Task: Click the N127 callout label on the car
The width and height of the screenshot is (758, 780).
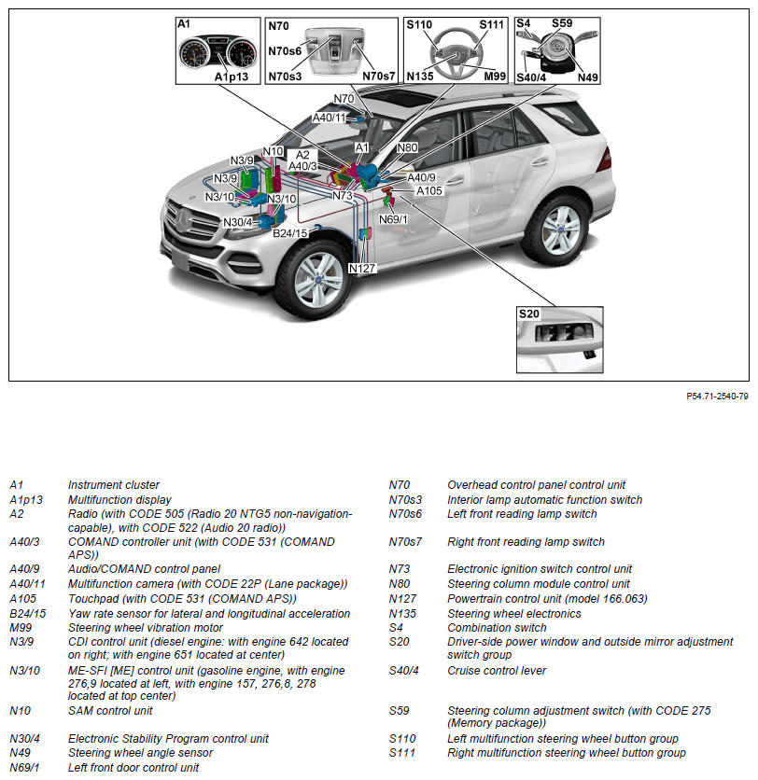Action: [x=361, y=269]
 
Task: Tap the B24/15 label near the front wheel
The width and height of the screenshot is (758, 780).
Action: [x=290, y=232]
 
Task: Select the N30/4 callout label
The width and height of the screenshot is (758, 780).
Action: [x=238, y=222]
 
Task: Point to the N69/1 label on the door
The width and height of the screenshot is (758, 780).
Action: [x=393, y=219]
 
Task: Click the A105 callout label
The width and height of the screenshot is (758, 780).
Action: [x=429, y=190]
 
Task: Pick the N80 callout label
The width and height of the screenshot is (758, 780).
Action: [x=407, y=147]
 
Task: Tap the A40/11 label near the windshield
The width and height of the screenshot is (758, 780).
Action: [x=329, y=118]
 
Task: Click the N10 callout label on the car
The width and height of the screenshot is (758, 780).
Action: [x=273, y=150]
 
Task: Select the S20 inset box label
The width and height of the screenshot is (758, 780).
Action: [x=529, y=314]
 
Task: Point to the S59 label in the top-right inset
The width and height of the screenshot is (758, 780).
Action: [x=562, y=23]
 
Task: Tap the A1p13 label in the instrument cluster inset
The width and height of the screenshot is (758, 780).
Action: [x=232, y=77]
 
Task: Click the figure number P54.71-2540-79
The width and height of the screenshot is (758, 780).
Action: [x=717, y=397]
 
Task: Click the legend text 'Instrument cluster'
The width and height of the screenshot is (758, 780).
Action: [x=114, y=485]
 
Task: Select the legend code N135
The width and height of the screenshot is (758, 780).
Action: [x=402, y=614]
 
